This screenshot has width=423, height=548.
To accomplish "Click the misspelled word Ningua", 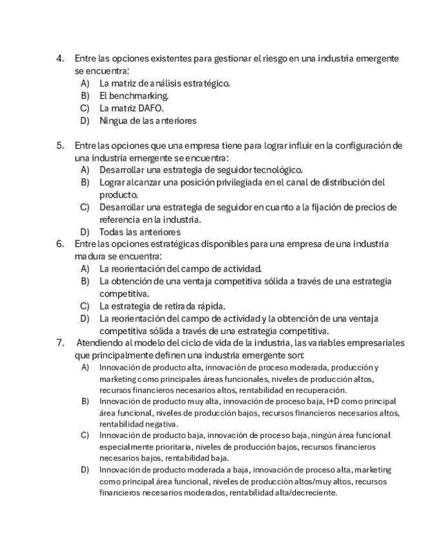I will pyautogui.click(x=113, y=120).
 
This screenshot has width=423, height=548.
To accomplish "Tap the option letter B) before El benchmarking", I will pyautogui.click(x=85, y=96).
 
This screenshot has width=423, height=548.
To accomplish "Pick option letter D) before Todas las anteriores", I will pyautogui.click(x=85, y=231).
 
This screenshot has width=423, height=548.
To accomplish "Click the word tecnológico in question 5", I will pyautogui.click(x=274, y=170).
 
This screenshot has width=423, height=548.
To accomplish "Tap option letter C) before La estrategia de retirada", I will pyautogui.click(x=85, y=306).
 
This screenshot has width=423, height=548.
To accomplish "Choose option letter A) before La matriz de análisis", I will pyautogui.click(x=85, y=83).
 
